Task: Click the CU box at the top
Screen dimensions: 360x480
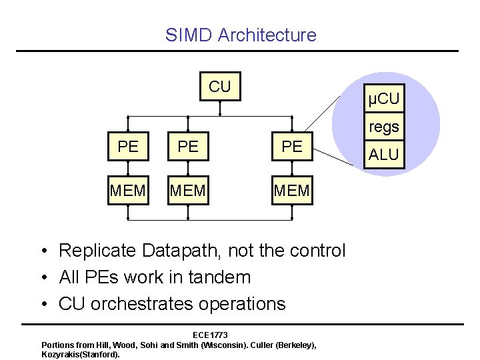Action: [x=219, y=87]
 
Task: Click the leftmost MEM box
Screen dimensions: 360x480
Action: [x=127, y=191]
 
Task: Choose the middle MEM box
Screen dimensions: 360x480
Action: [x=187, y=191]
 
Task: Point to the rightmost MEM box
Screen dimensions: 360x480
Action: [x=292, y=191]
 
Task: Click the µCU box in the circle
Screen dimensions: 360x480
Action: [x=384, y=100]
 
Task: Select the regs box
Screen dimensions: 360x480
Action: [x=384, y=126]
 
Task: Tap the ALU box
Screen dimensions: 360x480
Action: [x=384, y=155]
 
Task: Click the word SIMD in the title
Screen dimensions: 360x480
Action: [x=189, y=35]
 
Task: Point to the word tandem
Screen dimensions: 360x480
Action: [x=218, y=277]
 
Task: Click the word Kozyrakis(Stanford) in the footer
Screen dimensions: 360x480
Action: [x=80, y=354]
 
